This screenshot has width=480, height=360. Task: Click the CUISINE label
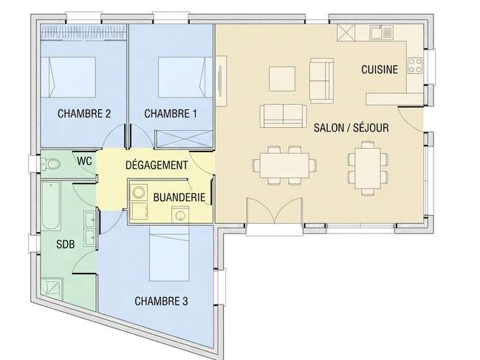coord(380,69)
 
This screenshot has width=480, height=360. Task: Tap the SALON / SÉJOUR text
coord(351,128)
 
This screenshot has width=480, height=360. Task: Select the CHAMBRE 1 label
coord(171,114)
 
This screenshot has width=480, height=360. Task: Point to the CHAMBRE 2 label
coord(84,114)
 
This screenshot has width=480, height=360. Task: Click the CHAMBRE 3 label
coord(161,301)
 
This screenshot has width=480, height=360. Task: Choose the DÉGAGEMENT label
coord(157,165)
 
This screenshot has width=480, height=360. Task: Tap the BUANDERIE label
coord(179,197)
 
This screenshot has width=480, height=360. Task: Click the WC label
coord(84,161)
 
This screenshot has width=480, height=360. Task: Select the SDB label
coord(66,244)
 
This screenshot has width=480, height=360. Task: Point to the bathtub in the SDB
coord(51,206)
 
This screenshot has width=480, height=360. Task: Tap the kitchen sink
coord(381,33)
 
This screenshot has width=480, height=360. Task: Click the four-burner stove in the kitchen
coord(415,66)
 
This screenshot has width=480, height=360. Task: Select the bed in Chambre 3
coord(168,254)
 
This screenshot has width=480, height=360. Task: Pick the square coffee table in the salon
coord(282,79)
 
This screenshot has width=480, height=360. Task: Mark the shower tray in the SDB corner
coord(52,288)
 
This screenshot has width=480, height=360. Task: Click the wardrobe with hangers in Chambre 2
coord(83,33)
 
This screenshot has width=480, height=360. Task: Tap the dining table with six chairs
coord(284,165)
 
